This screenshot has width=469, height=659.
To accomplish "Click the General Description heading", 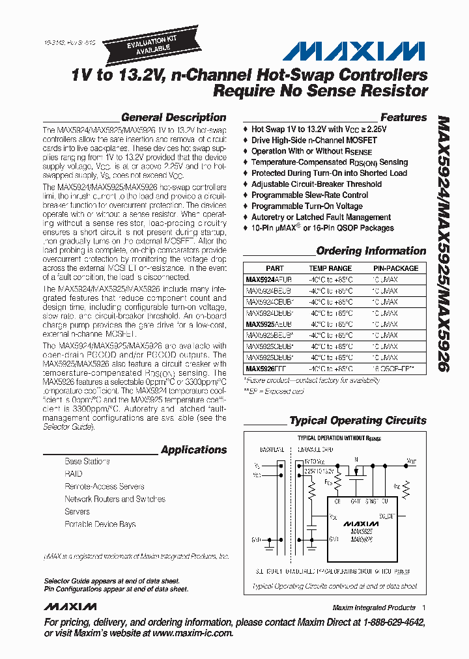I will (174, 118).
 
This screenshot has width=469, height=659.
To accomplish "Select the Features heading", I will (403, 118).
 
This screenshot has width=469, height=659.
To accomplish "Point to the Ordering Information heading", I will (371, 251).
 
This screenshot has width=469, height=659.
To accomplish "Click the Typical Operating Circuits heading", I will (358, 421).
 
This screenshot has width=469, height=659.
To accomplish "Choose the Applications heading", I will (193, 450).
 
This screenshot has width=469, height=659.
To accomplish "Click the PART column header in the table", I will (275, 268).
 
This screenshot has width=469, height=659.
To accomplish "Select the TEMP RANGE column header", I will (330, 268).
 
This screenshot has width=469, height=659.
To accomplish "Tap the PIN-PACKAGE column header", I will (395, 268).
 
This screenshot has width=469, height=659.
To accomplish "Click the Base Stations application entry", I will (87, 462).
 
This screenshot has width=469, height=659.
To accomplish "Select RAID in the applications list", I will (74, 474).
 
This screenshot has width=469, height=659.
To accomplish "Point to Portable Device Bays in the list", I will (100, 524).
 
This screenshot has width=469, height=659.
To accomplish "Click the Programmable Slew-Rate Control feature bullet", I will (309, 195).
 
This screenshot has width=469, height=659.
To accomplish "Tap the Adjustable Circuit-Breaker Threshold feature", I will (317, 184).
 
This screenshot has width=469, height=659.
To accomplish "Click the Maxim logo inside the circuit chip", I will (360, 523).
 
